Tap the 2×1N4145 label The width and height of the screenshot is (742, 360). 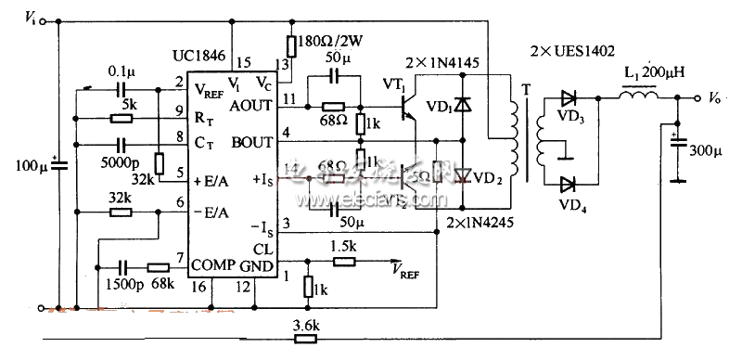(x=443, y=63)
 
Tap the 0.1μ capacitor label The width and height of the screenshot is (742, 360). (x=119, y=71)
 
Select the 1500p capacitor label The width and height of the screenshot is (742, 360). (x=118, y=282)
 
